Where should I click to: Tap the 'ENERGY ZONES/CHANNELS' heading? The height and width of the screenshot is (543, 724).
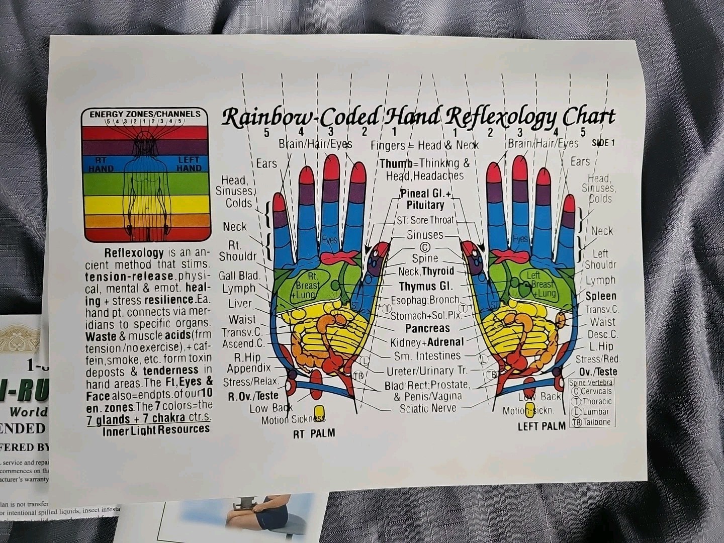point(145,114)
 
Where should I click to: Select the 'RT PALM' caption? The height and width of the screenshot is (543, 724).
point(314,433)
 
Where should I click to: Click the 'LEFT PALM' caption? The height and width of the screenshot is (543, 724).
point(541,426)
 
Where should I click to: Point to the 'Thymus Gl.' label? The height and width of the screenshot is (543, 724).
point(425,287)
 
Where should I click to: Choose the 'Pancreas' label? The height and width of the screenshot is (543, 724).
point(427,328)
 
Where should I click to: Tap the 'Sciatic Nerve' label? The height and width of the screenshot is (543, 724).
point(427,408)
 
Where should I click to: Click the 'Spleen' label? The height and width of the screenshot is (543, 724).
point(601,296)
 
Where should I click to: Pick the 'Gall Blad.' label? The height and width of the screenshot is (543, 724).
point(239,276)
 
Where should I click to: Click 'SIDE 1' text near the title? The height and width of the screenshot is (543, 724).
point(603,143)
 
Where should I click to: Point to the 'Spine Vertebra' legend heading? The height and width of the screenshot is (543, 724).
point(591,383)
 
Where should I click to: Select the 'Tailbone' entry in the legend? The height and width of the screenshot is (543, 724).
point(596,422)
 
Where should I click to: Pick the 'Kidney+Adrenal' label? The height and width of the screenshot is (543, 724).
point(427,342)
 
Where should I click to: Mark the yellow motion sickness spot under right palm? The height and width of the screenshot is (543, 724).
point(318,411)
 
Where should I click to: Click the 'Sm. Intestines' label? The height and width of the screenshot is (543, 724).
point(427,356)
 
